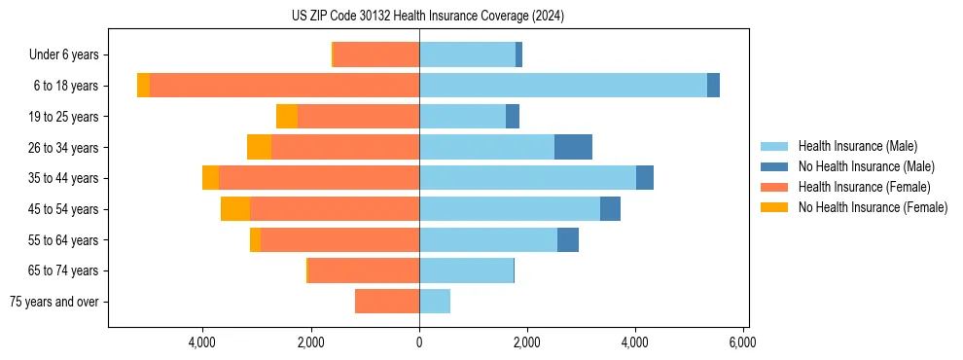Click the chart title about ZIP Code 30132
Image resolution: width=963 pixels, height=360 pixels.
428,17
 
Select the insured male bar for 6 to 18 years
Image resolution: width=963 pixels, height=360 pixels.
562,86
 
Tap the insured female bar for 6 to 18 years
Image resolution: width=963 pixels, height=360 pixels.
284,86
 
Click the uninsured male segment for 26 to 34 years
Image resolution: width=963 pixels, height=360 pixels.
573,147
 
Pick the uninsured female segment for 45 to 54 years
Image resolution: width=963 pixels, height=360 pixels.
235,208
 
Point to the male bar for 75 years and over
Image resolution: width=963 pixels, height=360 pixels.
435,302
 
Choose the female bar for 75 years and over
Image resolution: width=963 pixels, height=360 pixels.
387,302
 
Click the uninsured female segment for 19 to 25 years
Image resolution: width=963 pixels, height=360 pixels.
287,117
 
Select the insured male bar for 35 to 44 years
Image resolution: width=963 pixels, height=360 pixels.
527,178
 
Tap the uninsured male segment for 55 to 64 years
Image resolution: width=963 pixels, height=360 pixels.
568,239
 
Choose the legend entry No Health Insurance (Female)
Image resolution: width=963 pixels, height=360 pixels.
873,207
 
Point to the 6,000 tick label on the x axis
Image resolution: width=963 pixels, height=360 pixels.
742,343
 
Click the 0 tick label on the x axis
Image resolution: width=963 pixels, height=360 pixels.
419,343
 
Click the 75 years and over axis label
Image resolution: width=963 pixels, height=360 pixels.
54,302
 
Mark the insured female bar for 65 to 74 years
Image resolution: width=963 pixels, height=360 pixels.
364,270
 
